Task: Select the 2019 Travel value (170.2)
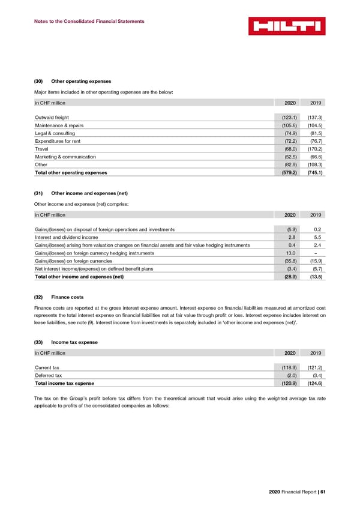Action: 314,149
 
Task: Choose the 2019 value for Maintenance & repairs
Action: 314,125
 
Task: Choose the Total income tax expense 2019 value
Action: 314,384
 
